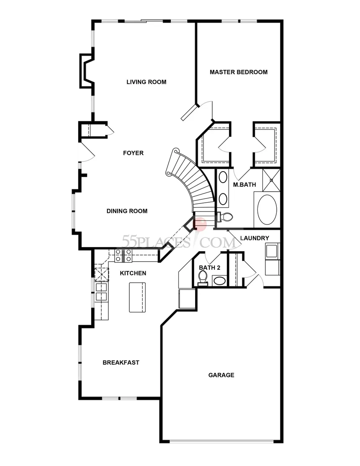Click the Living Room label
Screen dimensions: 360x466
[x=147, y=82]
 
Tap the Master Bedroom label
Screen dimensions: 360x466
[x=239, y=72]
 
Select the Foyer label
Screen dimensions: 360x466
[x=134, y=153]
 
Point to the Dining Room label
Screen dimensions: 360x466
[x=127, y=211]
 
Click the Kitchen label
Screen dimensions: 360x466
[x=133, y=273]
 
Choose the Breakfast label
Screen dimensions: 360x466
[x=121, y=363]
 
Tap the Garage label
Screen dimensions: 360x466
[x=221, y=375]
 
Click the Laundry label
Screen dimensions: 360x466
[x=255, y=238]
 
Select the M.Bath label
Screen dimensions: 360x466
[x=244, y=185]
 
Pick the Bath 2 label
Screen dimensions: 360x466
[x=210, y=268]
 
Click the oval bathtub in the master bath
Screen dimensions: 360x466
[x=267, y=210]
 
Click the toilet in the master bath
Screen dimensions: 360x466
[x=225, y=216]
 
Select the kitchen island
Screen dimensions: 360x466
[x=137, y=297]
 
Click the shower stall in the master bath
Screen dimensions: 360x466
[x=271, y=180]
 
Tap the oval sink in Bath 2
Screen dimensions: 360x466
[x=220, y=281]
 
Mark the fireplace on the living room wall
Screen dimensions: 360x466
[x=87, y=71]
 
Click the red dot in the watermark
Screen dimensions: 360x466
[x=200, y=224]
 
